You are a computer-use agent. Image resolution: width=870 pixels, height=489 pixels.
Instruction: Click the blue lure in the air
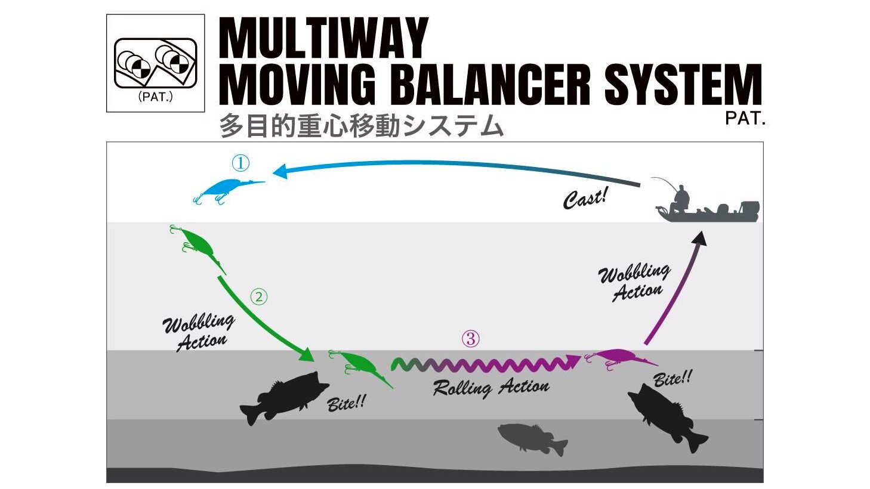(224, 190)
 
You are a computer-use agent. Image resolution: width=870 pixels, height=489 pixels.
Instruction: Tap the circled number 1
(240, 163)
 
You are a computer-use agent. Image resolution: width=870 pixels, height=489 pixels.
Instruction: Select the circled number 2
(258, 296)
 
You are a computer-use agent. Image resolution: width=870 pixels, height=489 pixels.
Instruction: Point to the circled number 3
(470, 339)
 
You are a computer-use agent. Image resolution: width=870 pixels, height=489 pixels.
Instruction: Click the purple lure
(618, 359)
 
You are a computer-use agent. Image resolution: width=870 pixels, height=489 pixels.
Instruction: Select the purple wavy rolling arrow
(483, 364)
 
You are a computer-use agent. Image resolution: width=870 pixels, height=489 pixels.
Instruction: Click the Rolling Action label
(490, 388)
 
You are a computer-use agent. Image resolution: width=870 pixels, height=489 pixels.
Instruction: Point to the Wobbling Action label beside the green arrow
(198, 332)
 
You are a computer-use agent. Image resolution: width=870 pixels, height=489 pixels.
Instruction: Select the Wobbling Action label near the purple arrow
(635, 282)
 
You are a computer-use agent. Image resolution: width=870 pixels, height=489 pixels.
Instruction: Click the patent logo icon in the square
(155, 63)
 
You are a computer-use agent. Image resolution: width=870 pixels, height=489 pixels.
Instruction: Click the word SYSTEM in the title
(682, 85)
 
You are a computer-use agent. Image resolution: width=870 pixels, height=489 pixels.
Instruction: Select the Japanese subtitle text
(361, 126)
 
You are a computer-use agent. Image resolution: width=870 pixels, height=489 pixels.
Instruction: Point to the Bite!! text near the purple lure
(672, 378)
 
